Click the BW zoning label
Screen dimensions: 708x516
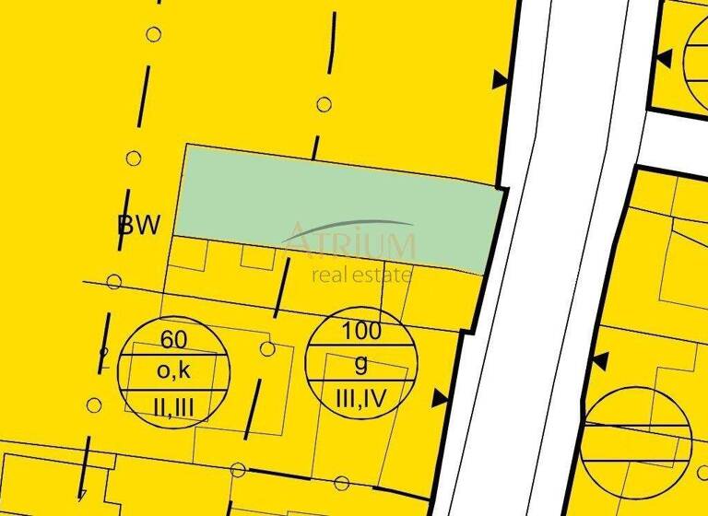[x=139, y=225]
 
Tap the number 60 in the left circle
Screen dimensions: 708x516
[x=173, y=339]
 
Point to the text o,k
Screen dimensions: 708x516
[x=173, y=370]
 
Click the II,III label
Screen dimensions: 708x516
[x=173, y=404]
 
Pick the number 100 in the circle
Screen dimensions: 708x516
[x=360, y=329]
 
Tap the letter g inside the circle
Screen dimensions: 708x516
[x=360, y=362]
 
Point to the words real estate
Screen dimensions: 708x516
[x=361, y=274]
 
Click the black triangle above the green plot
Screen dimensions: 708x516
[x=501, y=80]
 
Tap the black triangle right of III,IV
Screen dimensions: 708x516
[x=441, y=398]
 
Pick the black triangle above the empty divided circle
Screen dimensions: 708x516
[x=600, y=358]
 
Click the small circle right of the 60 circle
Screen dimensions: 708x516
[x=267, y=348]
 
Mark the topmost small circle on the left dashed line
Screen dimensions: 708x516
[x=154, y=35]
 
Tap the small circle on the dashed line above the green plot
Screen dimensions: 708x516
[x=324, y=104]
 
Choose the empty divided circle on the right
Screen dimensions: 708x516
[x=636, y=433]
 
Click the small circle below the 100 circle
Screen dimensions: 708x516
[x=342, y=482]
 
